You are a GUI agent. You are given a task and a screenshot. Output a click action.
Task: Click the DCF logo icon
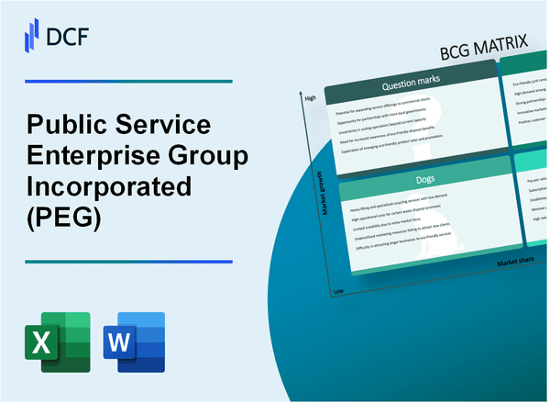tap(29, 36)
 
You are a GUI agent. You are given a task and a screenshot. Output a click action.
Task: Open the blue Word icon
tap(138, 341)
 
